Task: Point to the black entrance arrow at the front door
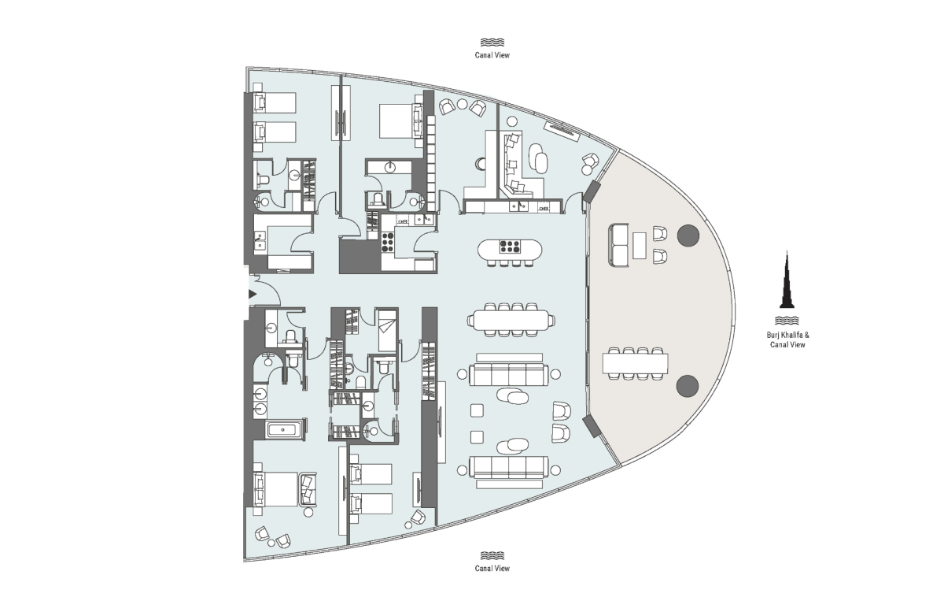252,294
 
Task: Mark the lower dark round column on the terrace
688,385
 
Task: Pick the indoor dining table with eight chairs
511,321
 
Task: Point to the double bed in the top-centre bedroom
400,121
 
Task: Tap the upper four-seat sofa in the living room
507,375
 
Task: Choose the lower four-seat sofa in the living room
507,466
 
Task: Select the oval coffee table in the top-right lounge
540,157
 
